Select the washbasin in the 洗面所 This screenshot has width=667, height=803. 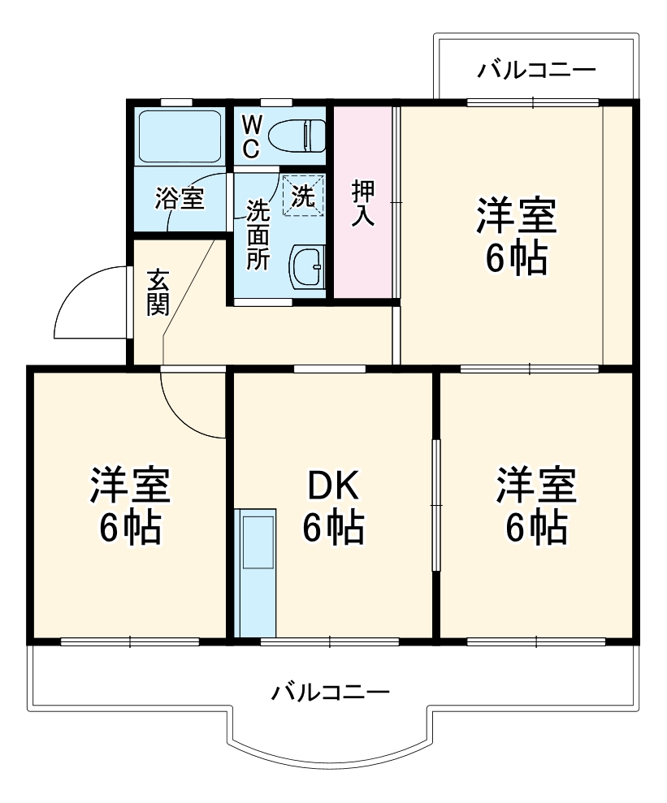pos(306,265)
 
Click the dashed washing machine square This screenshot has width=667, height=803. pos(303,196)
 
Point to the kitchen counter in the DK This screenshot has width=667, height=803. pos(256,572)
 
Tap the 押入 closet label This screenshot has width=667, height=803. pos(362,202)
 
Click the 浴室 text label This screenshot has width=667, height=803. pos(180,198)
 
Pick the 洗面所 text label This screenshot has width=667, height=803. pos(258,235)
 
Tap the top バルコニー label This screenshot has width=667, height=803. pos(535,69)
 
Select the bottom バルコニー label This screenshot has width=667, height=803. pos(330,693)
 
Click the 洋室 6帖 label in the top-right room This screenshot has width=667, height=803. pos(516,236)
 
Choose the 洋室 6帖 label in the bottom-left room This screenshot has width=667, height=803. pos(130,506)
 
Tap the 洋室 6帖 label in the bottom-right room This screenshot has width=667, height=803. pos(536,506)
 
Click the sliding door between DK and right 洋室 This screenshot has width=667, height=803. pos(436,505)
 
